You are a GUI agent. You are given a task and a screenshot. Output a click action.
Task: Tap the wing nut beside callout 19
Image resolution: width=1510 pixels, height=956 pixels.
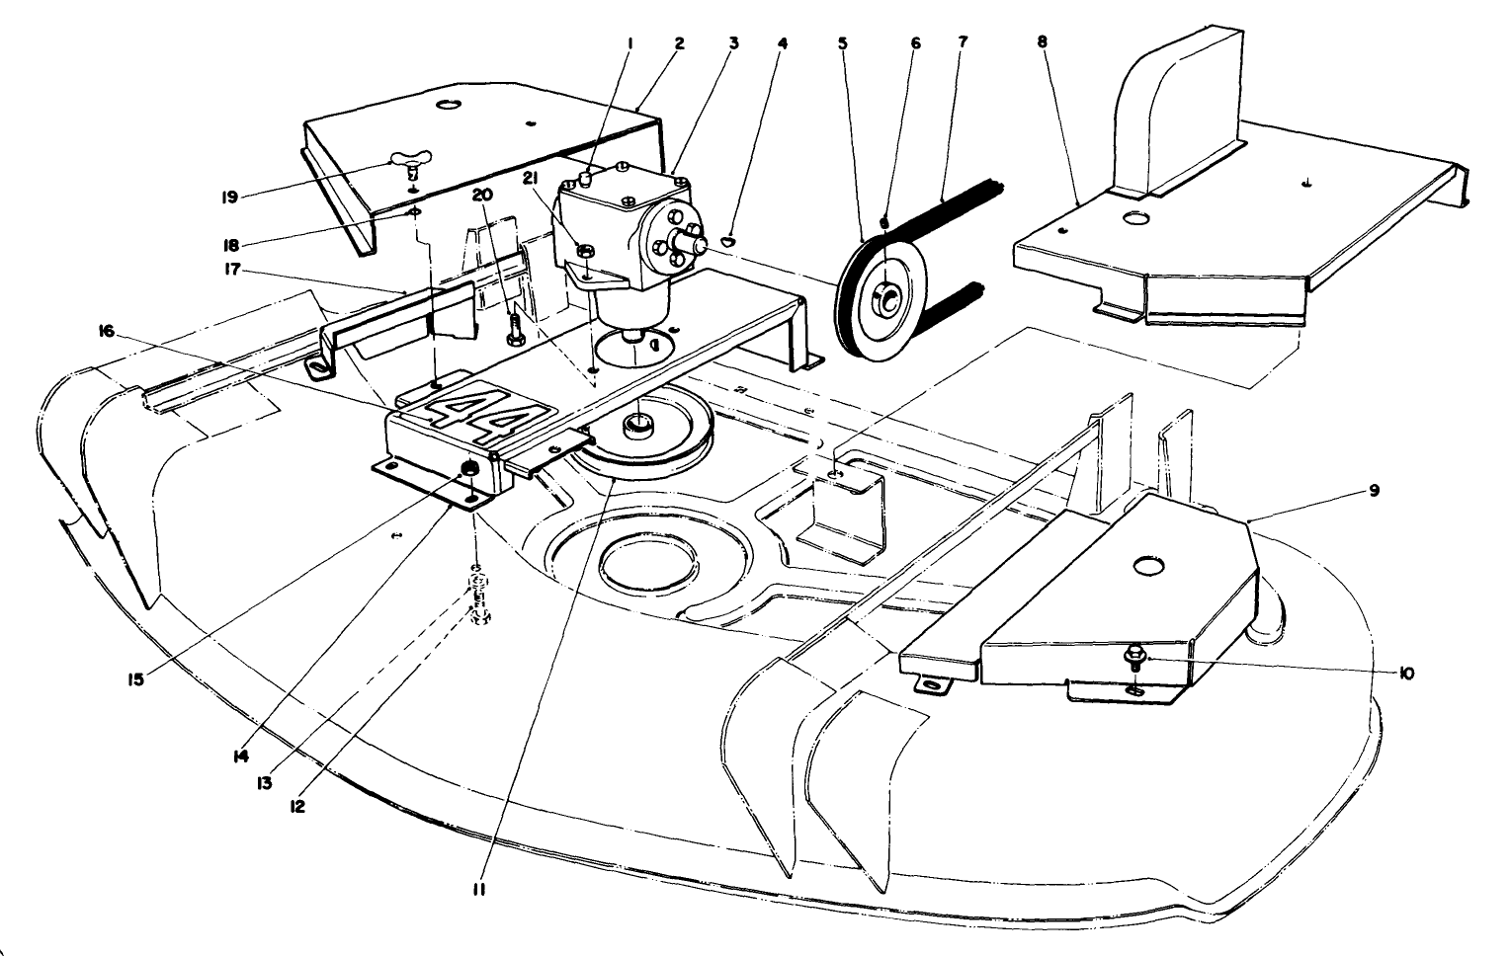pyautogui.click(x=411, y=160)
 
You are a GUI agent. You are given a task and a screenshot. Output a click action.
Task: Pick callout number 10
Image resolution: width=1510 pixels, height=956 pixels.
pyautogui.click(x=1405, y=674)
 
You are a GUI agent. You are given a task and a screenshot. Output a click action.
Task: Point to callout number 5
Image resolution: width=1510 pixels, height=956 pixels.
pyautogui.click(x=843, y=41)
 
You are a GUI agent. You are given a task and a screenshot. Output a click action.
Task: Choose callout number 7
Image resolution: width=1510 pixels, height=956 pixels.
pyautogui.click(x=963, y=41)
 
